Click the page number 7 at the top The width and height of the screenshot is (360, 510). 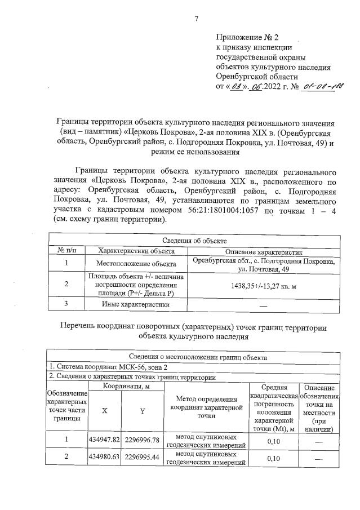click(197, 19)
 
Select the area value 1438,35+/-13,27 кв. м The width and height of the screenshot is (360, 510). click(264, 286)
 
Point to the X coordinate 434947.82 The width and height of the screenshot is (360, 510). click(104, 440)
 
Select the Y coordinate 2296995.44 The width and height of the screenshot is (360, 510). click(143, 458)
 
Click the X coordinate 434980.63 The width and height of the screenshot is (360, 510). click(104, 458)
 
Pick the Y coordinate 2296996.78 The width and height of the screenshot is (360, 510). click(143, 440)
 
